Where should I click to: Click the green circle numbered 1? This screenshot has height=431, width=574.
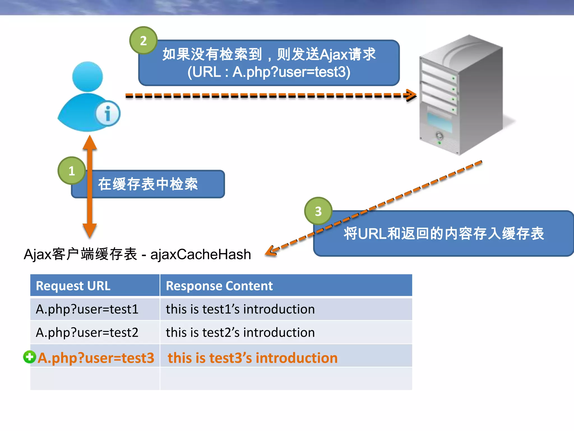72,171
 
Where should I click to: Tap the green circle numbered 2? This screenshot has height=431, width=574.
143,41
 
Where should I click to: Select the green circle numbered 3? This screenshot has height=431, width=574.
318,211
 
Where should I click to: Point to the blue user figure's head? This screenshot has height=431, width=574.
87,76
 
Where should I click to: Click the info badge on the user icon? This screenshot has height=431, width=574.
108,113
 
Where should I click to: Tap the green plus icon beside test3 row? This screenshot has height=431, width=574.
29,357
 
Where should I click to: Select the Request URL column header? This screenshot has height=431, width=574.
73,286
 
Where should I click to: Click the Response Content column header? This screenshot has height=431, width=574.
219,286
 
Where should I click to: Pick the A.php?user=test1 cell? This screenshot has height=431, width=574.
87,309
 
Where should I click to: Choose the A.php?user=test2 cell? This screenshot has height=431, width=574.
87,333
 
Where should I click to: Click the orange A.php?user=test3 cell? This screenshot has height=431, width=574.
96,358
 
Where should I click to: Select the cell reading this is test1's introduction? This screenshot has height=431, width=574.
240,309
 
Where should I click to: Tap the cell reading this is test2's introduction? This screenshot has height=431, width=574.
240,333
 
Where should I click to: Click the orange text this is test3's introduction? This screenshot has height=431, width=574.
253,358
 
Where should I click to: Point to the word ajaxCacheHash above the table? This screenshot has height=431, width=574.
201,254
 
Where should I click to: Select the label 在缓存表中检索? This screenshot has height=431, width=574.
148,184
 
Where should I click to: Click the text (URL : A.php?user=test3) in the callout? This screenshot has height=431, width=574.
269,72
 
